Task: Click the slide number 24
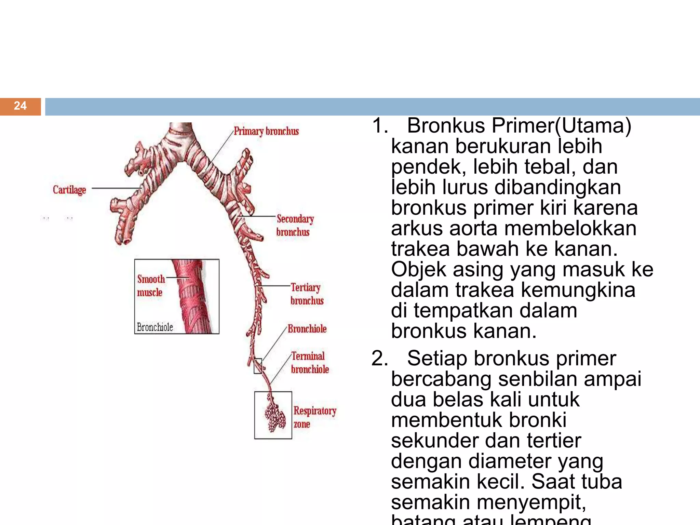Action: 20,106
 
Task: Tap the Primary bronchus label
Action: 266,131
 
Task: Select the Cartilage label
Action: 69,190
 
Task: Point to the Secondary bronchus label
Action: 295,225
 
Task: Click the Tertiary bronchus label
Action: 307,294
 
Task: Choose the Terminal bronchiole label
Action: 309,363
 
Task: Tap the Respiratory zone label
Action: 314,417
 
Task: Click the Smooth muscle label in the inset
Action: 150,285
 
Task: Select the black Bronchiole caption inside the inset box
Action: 155,327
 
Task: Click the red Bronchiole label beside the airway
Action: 307,329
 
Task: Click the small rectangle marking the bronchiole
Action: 258,366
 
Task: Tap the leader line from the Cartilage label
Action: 116,188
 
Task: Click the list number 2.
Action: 379,359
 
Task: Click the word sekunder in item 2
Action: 429,441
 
